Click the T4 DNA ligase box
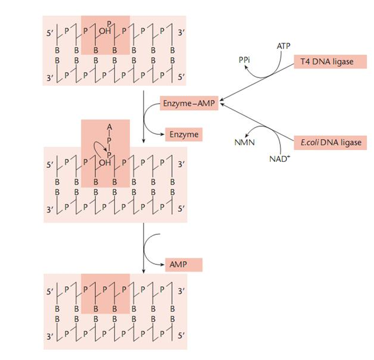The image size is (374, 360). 327,62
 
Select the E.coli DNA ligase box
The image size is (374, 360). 327,143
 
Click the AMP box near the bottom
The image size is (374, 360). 184,264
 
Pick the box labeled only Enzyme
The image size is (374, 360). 184,134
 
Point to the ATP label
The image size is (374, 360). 284,46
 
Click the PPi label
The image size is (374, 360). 244,60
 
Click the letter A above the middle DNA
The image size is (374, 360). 108,127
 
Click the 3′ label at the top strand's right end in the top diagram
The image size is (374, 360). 182,32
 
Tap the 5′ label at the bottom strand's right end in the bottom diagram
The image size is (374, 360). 182,339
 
